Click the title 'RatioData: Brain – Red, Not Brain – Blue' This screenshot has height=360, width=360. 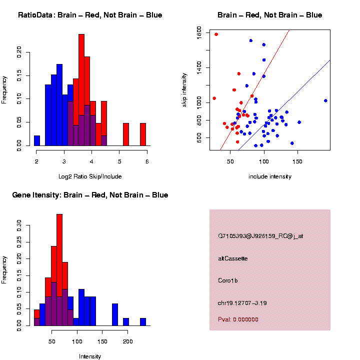(90, 15)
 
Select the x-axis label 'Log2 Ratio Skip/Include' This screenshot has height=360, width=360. (89, 176)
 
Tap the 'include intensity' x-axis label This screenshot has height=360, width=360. (270, 176)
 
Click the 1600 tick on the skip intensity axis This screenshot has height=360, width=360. (199, 33)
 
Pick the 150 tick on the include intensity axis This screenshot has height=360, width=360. (297, 161)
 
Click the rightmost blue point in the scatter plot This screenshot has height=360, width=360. (325, 100)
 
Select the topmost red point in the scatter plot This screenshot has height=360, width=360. (216, 34)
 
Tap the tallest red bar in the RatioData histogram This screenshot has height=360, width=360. (81, 90)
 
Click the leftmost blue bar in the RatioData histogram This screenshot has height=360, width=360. (37, 140)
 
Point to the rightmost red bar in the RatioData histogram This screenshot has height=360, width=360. (143, 134)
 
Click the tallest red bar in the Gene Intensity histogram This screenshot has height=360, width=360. (59, 270)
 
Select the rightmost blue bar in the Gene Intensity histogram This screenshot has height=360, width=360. (143, 322)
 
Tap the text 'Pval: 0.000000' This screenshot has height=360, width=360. (238, 319)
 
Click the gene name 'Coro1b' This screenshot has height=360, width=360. (228, 280)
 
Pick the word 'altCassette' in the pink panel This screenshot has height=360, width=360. (233, 258)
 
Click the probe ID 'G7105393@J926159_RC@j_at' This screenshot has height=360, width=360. (260, 236)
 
